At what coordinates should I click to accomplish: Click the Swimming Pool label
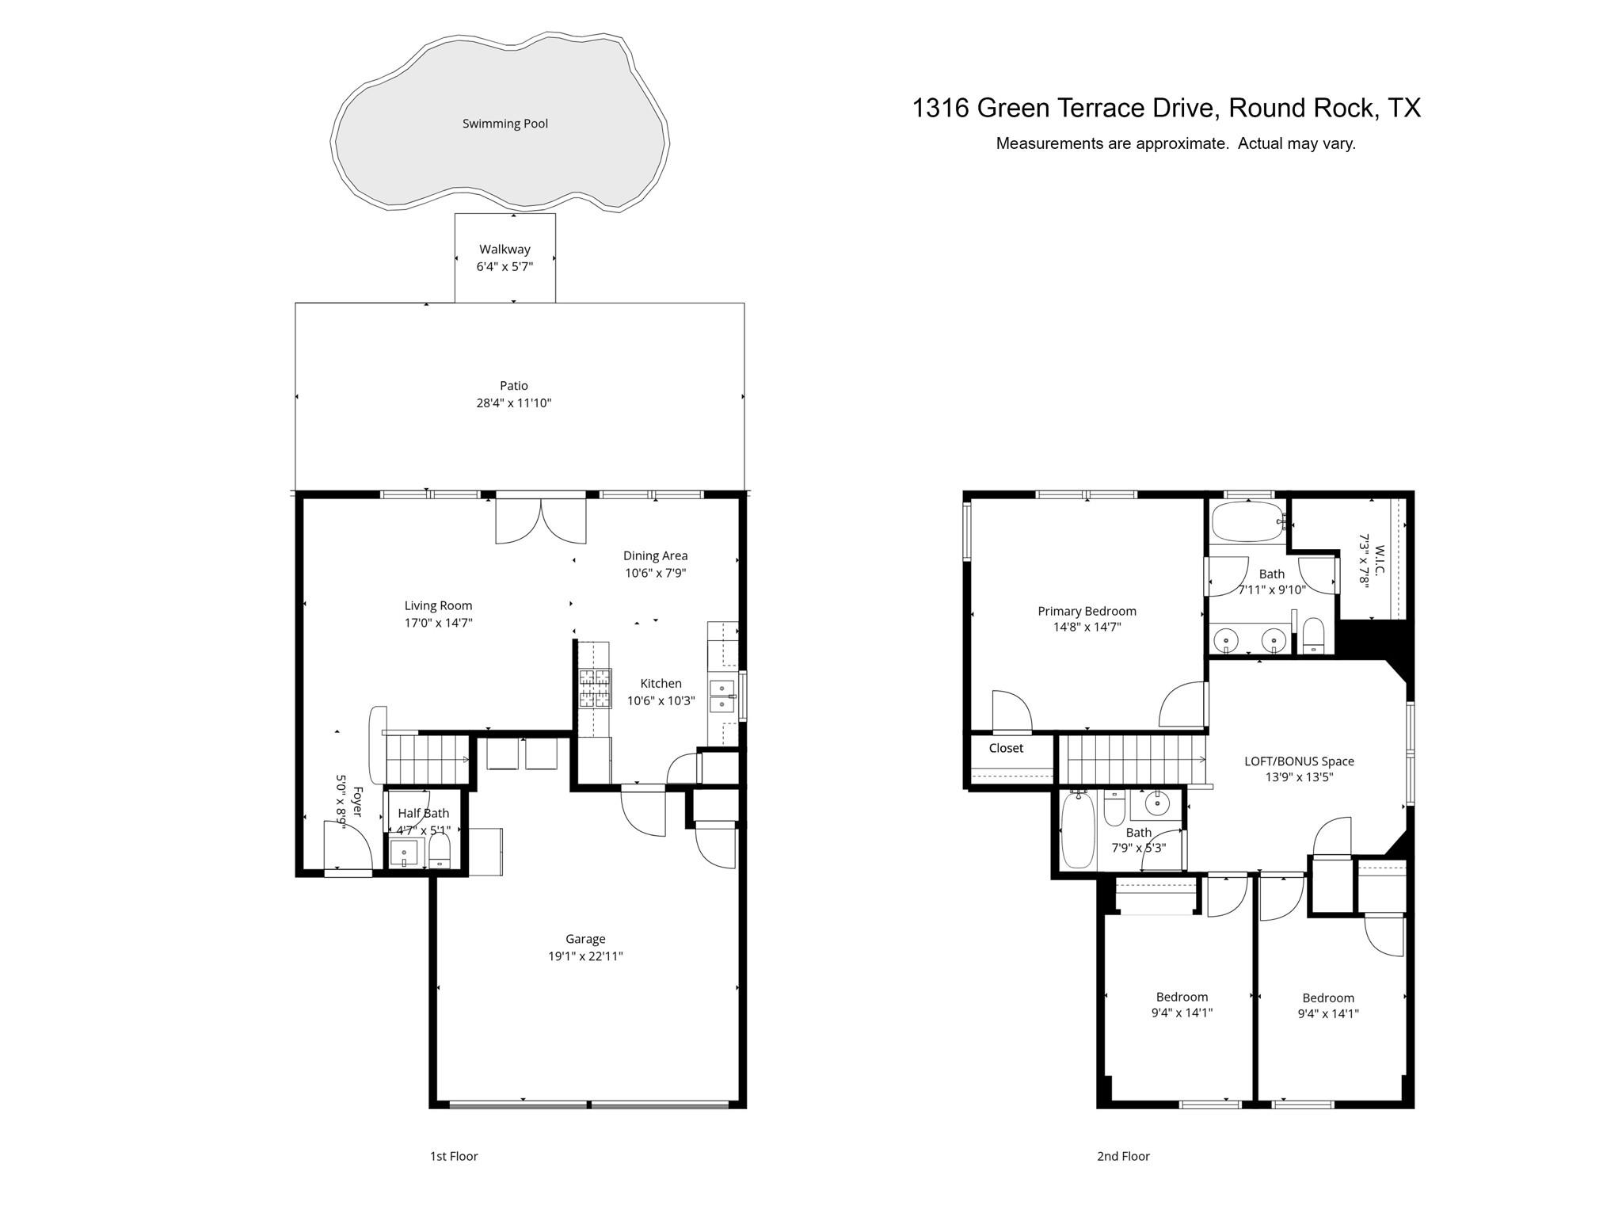point(504,124)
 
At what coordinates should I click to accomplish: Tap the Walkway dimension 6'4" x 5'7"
point(504,267)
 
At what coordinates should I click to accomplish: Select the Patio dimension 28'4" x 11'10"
point(513,403)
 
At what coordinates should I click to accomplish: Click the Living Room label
point(438,606)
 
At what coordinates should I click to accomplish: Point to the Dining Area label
point(655,556)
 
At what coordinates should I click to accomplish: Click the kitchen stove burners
point(596,689)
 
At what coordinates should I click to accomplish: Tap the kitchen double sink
point(722,696)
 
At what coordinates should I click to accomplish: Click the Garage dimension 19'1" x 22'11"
point(585,956)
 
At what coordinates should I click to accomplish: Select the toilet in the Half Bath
point(440,853)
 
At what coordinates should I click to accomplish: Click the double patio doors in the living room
point(541,521)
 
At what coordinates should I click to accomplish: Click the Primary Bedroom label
point(1087,611)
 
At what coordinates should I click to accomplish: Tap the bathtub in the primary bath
point(1247,521)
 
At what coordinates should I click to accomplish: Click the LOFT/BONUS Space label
point(1299,761)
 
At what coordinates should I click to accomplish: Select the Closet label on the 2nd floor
point(1006,748)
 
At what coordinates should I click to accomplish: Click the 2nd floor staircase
point(1133,759)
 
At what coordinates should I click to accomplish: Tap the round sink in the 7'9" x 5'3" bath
point(1157,803)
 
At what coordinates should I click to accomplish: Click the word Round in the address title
point(1266,108)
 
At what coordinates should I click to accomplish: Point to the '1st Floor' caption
point(454,1156)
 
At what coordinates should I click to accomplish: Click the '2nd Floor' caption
point(1123,1156)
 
